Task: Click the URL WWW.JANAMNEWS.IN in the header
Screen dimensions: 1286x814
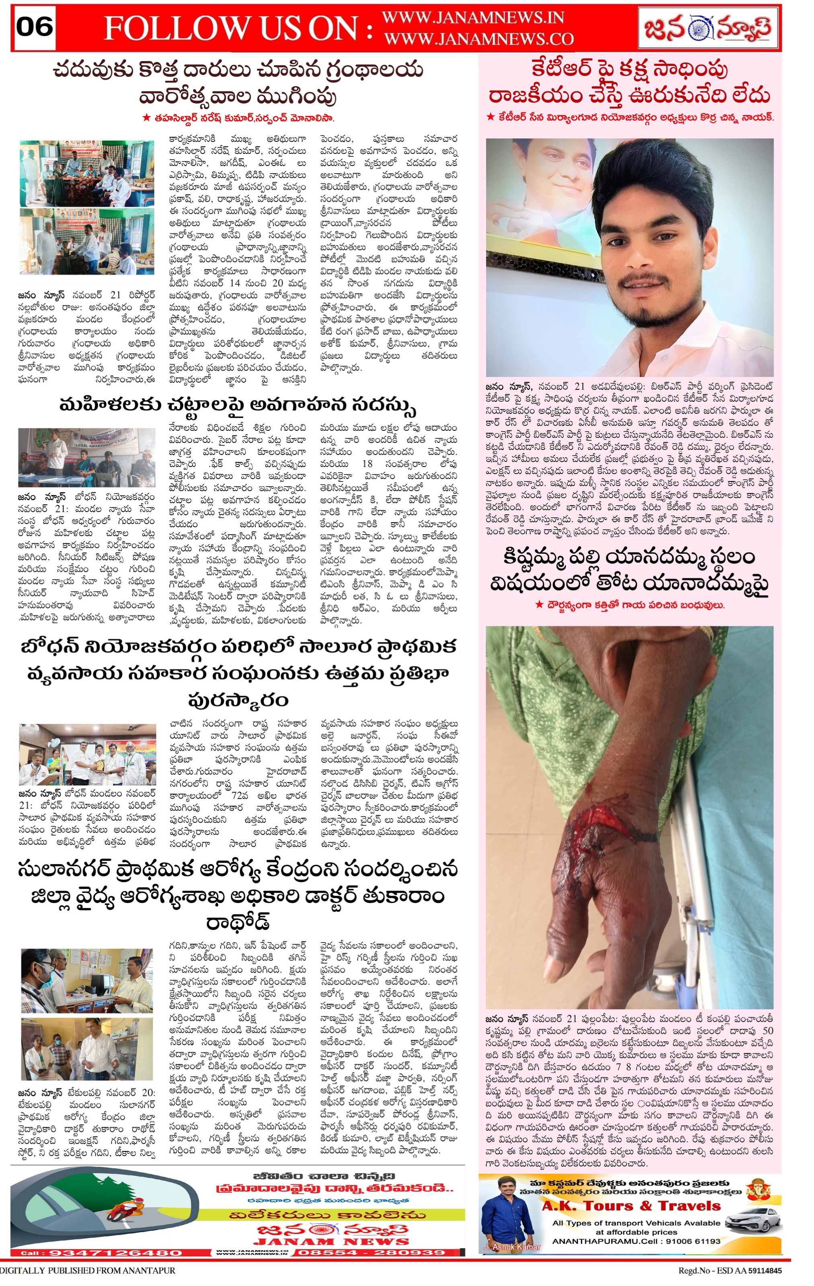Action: point(473,18)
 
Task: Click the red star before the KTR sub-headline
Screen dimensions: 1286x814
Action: point(490,117)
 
